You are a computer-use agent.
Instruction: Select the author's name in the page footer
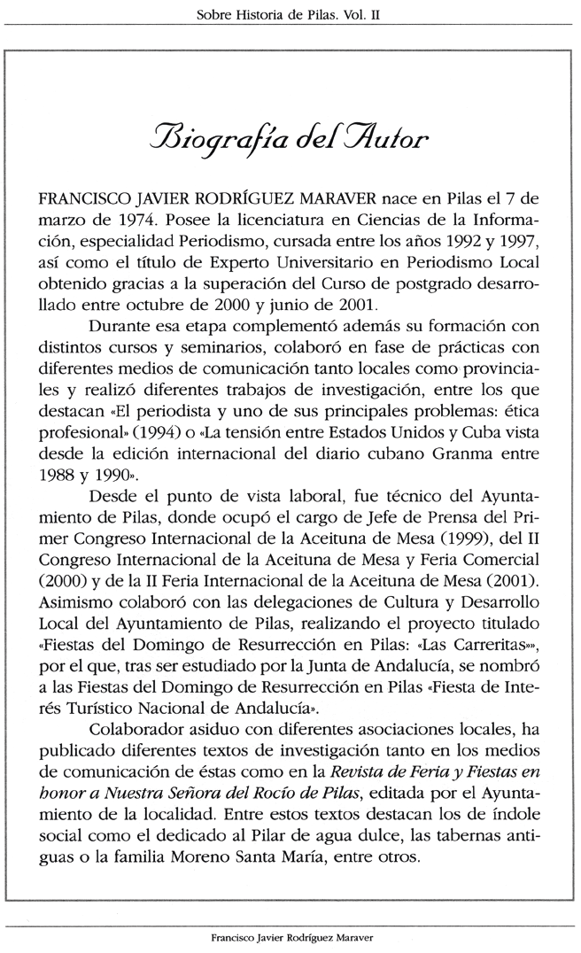tap(290, 936)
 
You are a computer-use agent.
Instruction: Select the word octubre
tap(156, 334)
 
